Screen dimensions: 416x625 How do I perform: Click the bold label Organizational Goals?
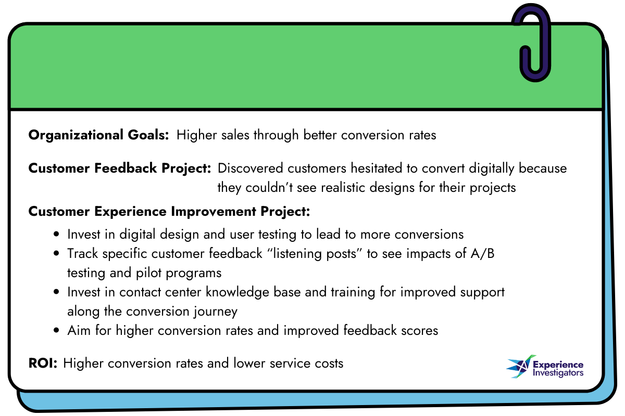click(x=98, y=135)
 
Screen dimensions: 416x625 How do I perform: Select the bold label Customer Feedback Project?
click(x=119, y=168)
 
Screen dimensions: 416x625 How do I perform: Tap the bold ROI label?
click(x=43, y=363)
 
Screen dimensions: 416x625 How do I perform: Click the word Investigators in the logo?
click(x=558, y=373)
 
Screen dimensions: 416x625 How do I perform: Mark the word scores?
click(x=418, y=330)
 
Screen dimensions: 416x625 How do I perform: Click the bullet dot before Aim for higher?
click(x=57, y=330)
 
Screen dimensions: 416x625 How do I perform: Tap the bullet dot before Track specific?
click(x=57, y=254)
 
